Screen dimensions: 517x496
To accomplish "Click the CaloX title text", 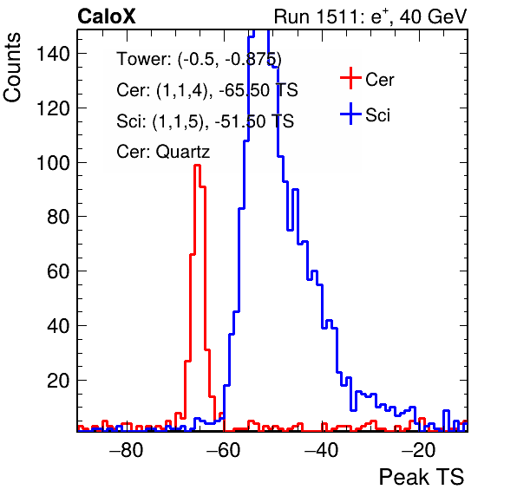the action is click(x=107, y=16).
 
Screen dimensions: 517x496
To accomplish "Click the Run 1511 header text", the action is click(x=370, y=16).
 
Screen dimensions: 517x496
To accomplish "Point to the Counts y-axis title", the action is click(x=12, y=68).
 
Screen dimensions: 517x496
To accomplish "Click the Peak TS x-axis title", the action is click(x=422, y=477).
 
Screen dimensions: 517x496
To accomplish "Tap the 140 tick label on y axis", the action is click(x=53, y=54).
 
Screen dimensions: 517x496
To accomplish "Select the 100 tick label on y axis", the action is click(x=53, y=163).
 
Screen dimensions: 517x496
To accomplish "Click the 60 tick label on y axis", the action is click(x=58, y=271).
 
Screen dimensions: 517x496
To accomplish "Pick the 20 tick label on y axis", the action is click(x=58, y=381).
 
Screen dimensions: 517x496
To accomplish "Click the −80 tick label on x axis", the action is click(x=127, y=450).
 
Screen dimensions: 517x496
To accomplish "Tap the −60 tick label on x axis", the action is click(x=223, y=450).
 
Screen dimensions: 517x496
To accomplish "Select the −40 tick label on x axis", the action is click(x=321, y=450).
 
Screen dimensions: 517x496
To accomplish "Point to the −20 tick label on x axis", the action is click(x=418, y=450).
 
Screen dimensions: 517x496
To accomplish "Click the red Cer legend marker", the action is click(x=350, y=78).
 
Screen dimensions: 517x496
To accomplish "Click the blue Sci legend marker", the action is click(x=350, y=114).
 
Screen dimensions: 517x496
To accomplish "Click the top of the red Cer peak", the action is click(x=197, y=165).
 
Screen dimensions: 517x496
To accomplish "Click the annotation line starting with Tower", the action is click(x=200, y=59).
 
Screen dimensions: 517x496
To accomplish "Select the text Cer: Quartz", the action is click(x=163, y=152).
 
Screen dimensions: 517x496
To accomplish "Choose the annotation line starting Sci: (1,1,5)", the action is click(x=205, y=121).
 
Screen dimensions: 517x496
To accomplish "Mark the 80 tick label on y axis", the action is click(x=58, y=217).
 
